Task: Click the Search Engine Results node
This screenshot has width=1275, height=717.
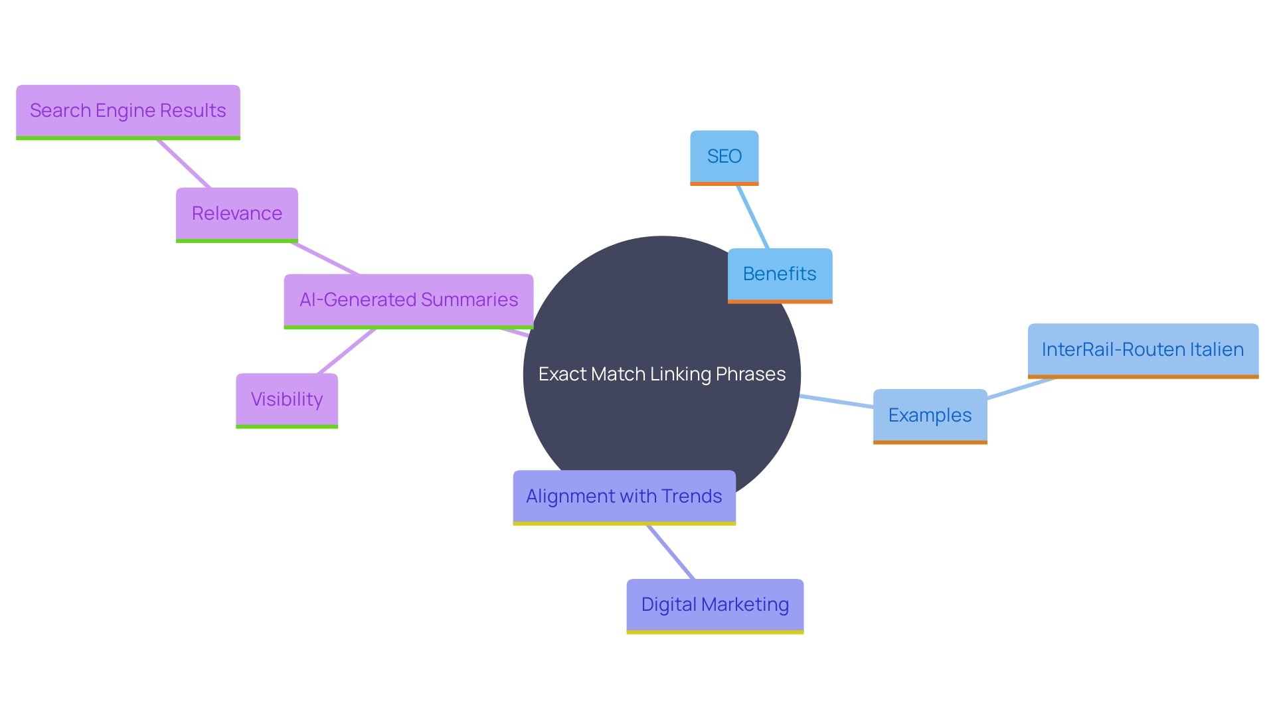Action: (128, 111)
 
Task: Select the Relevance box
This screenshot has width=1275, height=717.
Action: (236, 214)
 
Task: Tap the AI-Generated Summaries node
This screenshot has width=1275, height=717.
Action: (408, 300)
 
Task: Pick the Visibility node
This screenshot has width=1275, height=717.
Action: (287, 400)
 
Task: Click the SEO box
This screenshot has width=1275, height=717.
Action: (724, 157)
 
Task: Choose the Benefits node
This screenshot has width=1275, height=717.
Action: (780, 274)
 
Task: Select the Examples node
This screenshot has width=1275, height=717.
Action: (930, 416)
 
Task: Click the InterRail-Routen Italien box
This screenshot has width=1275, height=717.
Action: (1143, 350)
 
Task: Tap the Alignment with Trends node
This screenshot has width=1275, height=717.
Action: (624, 497)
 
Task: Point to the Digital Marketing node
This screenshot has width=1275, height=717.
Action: (715, 605)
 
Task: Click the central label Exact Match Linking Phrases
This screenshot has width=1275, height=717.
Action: (662, 374)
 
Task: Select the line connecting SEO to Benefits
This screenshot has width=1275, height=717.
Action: (753, 217)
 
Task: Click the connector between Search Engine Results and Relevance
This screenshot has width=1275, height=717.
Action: (184, 164)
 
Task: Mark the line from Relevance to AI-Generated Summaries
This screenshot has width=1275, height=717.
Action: (325, 259)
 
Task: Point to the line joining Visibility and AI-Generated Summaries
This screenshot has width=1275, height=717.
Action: (347, 351)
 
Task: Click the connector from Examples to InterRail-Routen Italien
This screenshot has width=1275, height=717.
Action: (1021, 388)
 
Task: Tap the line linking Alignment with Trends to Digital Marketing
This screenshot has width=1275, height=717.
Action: (671, 552)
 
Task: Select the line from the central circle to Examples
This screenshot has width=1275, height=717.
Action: (837, 402)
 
